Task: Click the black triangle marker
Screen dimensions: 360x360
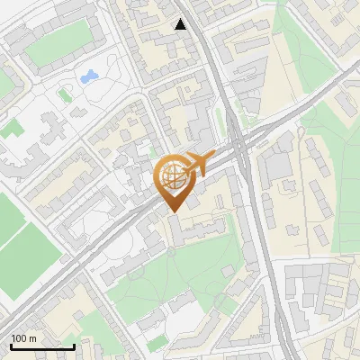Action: pyautogui.click(x=181, y=24)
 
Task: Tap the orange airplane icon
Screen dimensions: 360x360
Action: pyautogui.click(x=197, y=163)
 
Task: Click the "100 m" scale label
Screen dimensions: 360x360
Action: pyautogui.click(x=23, y=338)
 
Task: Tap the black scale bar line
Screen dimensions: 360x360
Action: pyautogui.click(x=42, y=346)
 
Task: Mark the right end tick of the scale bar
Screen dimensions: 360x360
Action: pyautogui.click(x=74, y=345)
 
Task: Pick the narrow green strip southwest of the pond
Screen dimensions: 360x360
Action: pyautogui.click(x=65, y=94)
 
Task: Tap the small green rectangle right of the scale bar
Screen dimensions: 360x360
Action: pyautogui.click(x=158, y=343)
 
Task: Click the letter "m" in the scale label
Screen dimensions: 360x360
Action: pyautogui.click(x=32, y=338)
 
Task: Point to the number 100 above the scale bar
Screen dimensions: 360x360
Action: pyautogui.click(x=19, y=338)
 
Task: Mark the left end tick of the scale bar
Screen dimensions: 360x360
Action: pyautogui.click(x=11, y=345)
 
